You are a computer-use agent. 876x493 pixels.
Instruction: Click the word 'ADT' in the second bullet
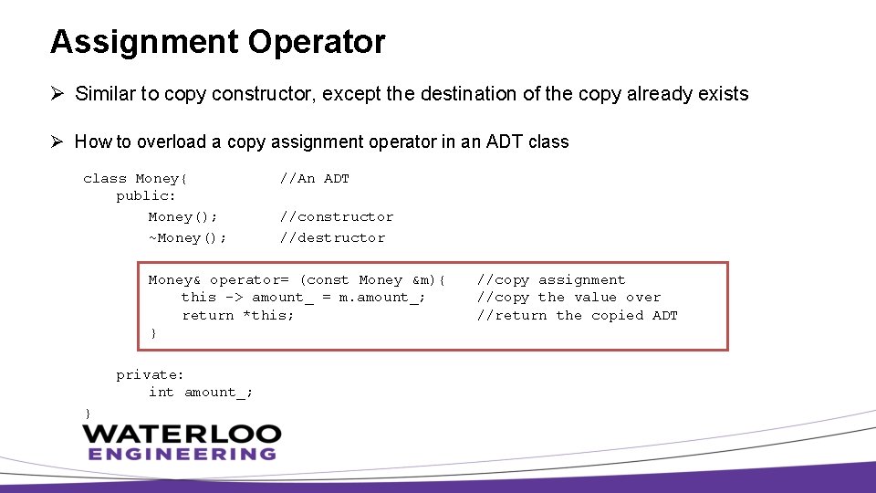click(501, 142)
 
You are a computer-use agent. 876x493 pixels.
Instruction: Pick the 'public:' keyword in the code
click(146, 196)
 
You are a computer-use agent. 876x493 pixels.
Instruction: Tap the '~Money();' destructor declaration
click(188, 238)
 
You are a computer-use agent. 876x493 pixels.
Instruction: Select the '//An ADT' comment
click(315, 179)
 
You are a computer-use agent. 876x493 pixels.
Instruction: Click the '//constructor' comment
click(337, 217)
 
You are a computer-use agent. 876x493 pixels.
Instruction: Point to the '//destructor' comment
click(332, 238)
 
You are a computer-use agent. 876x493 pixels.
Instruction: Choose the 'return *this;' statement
click(238, 316)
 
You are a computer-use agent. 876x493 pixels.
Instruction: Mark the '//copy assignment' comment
click(551, 280)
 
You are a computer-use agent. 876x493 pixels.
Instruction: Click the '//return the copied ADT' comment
click(578, 316)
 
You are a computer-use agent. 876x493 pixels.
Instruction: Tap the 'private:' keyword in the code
click(151, 375)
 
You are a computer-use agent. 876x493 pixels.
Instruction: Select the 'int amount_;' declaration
click(201, 393)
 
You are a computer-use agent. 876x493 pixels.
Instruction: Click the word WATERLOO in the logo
click(182, 435)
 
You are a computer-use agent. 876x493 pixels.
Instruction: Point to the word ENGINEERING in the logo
click(182, 454)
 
